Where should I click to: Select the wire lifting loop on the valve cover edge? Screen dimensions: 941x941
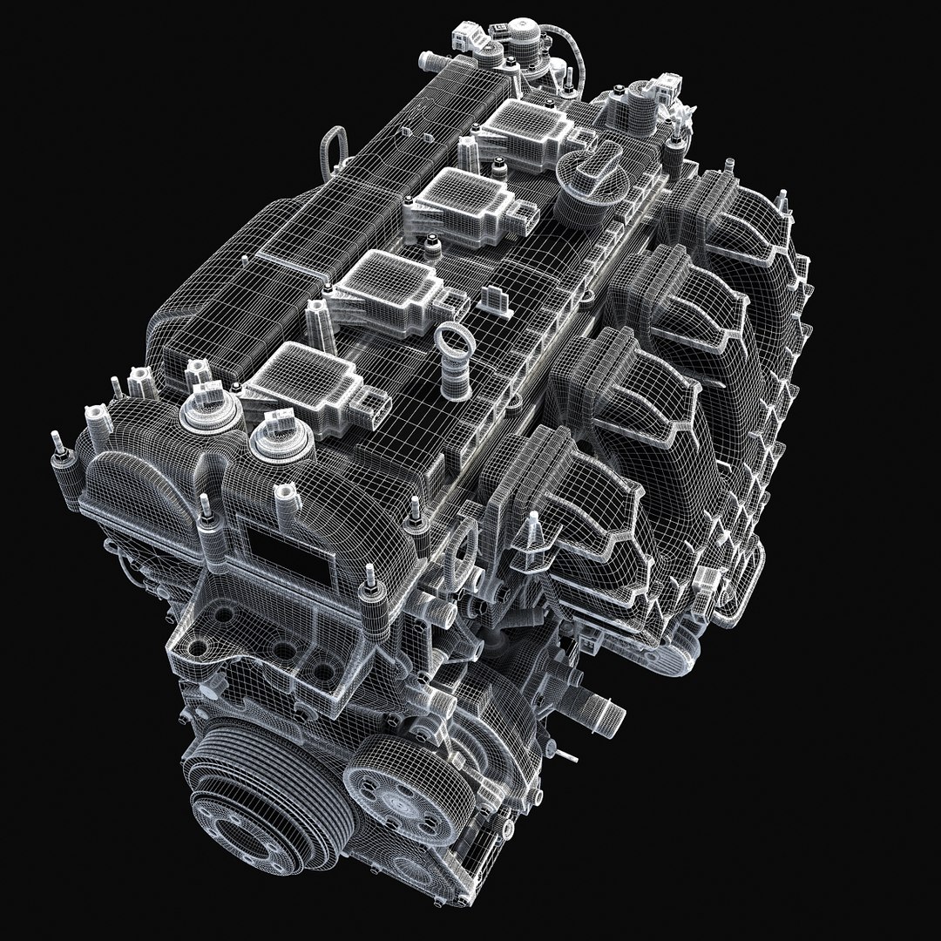tap(335, 143)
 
